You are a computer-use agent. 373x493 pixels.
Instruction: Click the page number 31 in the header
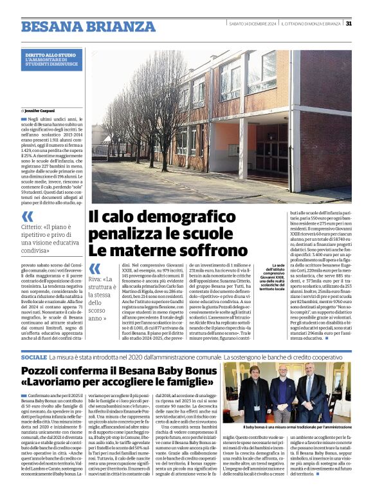[349, 24]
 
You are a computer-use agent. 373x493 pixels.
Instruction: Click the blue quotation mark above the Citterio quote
[28, 216]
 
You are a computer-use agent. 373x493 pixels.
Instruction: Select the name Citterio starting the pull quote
[34, 227]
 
